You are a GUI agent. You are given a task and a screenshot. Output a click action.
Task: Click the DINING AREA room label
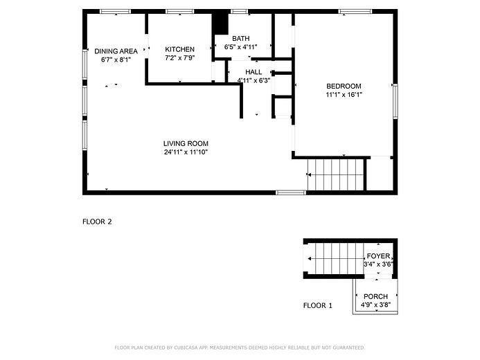coord(115,51)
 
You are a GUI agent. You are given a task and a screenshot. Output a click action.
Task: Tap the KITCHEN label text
coord(179,49)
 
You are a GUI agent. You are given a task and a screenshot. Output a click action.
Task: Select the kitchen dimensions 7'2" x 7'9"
coord(179,58)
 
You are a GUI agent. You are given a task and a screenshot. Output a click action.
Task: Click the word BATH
coord(240,38)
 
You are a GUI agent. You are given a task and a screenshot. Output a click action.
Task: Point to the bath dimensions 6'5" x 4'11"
coord(240,47)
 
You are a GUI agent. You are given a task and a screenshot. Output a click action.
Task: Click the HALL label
coord(254,71)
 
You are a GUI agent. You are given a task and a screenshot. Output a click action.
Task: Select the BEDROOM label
coord(344,86)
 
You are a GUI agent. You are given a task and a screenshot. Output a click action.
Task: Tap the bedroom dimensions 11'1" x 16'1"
coord(344,95)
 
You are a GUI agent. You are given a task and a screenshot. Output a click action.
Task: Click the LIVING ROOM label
coord(186,143)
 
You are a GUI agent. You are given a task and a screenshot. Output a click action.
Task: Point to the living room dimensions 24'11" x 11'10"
coord(186,152)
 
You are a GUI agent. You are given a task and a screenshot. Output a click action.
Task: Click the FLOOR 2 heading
coord(97,222)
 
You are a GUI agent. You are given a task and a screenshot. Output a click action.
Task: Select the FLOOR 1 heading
coord(318,305)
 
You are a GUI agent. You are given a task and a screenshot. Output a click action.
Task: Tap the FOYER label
coord(378,256)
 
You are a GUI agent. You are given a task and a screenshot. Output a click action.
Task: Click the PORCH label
coord(376,296)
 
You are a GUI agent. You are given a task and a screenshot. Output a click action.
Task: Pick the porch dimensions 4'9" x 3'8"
coord(376,305)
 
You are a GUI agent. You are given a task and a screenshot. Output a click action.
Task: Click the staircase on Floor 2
coord(335,174)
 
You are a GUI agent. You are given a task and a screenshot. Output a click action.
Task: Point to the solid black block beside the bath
coord(220,23)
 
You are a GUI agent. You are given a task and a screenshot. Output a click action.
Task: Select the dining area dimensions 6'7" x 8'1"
coord(115,60)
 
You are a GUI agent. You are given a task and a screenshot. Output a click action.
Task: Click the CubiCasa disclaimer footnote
coord(239,348)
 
